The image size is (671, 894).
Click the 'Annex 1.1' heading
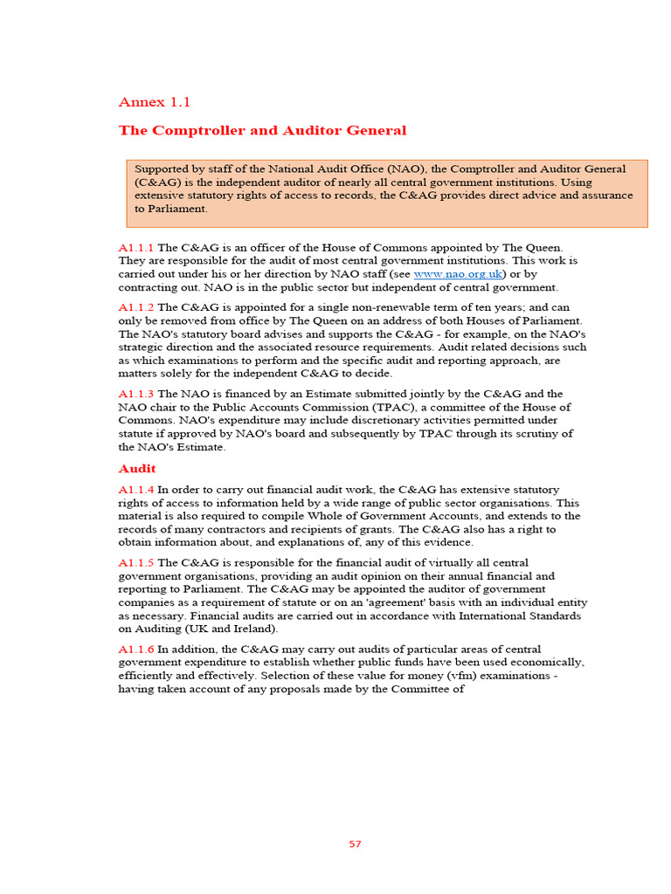(x=155, y=102)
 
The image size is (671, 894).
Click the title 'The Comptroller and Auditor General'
(x=262, y=130)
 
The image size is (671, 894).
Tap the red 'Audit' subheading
(x=137, y=469)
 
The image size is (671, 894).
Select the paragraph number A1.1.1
(x=136, y=248)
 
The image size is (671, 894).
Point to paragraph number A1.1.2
(x=136, y=307)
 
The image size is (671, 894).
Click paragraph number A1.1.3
(x=136, y=394)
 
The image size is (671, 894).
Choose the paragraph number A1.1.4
(x=136, y=490)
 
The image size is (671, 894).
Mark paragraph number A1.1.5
(x=136, y=563)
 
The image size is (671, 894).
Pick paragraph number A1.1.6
(x=136, y=649)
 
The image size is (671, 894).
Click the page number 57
(x=355, y=844)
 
